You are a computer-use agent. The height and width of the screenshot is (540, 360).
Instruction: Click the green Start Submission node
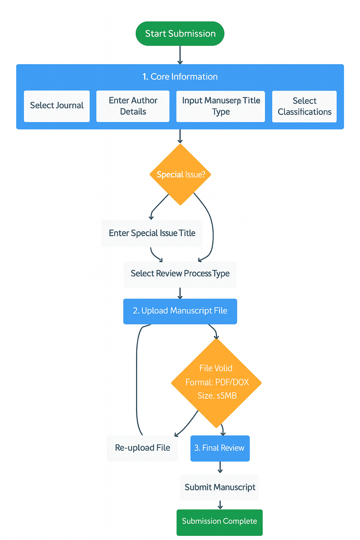pos(180,34)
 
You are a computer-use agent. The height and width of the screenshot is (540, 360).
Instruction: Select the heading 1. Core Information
pos(180,77)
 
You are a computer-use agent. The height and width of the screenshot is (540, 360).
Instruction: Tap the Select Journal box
pos(57,106)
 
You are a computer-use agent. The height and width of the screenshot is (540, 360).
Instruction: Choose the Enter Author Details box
pos(133,106)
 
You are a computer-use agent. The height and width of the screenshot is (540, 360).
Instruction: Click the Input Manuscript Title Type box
pos(220,106)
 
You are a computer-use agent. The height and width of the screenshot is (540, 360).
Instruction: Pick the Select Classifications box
pos(304,106)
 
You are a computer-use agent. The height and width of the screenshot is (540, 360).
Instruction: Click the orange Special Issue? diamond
pos(180,175)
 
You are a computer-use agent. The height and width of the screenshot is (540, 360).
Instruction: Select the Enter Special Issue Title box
pos(152,233)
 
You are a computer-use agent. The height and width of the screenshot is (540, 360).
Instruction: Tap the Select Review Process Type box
pos(180,274)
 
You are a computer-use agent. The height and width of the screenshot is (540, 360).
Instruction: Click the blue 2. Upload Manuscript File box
pos(180,311)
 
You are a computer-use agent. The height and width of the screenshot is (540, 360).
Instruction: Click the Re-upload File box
pos(142,448)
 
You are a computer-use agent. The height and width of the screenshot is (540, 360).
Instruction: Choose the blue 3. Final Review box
pos(220,448)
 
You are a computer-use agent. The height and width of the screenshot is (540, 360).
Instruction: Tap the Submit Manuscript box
pos(220,487)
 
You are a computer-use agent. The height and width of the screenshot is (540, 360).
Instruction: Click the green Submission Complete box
pos(219,522)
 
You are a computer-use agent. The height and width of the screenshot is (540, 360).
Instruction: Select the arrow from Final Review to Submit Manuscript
pos(220,468)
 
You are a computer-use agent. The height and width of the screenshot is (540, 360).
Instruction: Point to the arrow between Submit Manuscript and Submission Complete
pos(220,505)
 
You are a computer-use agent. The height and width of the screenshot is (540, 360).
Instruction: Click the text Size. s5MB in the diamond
pos(217,396)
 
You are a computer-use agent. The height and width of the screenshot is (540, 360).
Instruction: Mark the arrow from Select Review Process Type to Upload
pos(180,293)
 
